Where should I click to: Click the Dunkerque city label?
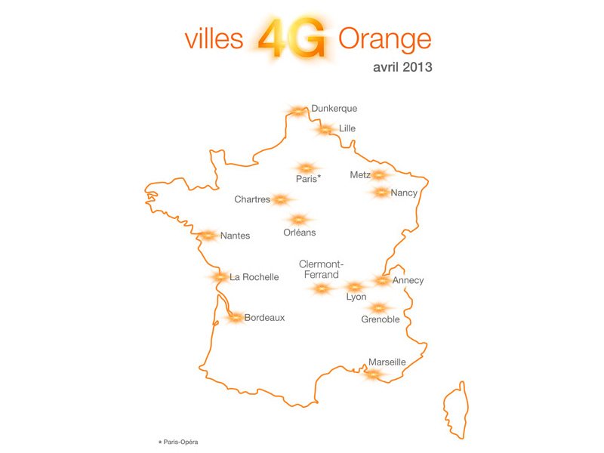tap(334, 109)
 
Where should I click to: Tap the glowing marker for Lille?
tap(325, 130)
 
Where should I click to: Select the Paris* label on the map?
tap(308, 179)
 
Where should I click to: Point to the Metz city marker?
tap(379, 175)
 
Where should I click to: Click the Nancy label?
tap(404, 193)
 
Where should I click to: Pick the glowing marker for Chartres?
tap(281, 200)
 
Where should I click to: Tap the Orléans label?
tap(300, 233)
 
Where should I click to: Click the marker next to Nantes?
tap(208, 236)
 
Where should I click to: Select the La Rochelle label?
tap(254, 277)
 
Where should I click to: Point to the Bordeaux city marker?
tap(235, 318)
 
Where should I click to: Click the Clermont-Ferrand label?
tap(322, 269)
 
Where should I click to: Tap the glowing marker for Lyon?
tap(354, 287)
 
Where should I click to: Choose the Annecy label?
tap(408, 281)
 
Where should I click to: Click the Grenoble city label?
tap(381, 319)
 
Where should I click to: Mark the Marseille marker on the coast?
tap(373, 374)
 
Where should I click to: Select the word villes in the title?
tap(214, 39)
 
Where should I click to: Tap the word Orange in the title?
tap(385, 39)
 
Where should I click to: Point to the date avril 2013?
tap(402, 66)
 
